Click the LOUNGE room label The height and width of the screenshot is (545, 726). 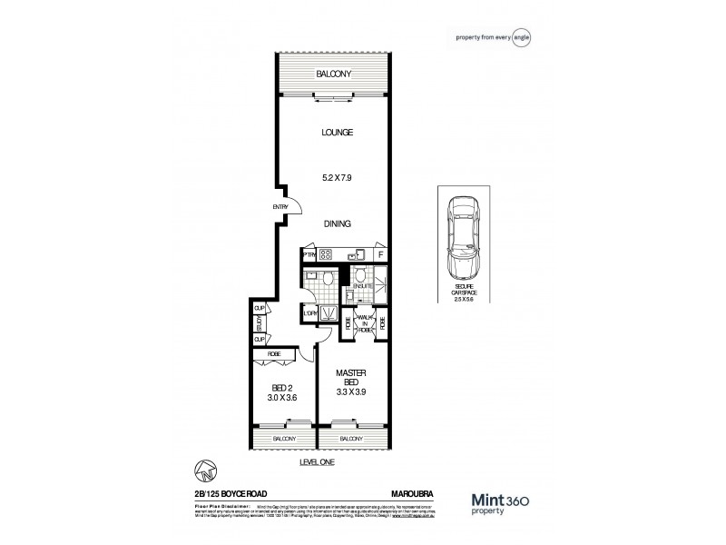pos(336,133)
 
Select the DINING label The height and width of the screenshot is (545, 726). pos(336,223)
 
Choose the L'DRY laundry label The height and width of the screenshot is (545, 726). pos(309,314)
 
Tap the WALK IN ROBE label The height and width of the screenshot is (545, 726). pos(365,322)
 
